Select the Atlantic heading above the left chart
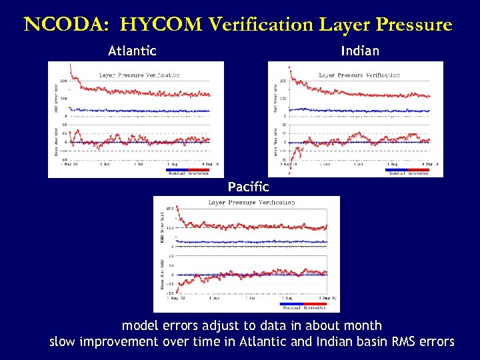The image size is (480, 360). point(132,51)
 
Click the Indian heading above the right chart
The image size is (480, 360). point(359,51)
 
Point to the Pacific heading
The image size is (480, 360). point(248,187)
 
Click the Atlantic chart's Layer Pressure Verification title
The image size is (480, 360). point(139,75)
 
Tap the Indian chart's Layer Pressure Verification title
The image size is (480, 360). point(359,75)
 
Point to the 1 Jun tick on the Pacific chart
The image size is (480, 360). point(213,297)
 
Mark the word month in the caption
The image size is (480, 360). point(361,326)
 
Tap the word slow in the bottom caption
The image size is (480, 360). point(63,342)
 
